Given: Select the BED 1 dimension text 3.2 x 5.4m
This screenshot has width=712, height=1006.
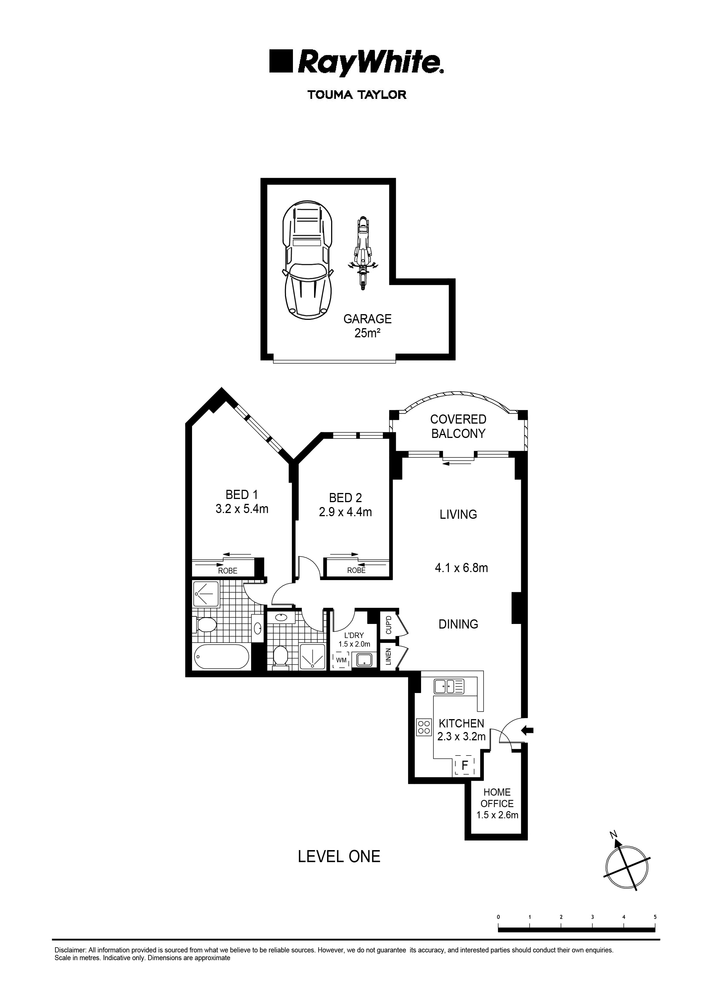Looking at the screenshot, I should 242,509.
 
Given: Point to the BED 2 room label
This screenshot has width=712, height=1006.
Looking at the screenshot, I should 345,498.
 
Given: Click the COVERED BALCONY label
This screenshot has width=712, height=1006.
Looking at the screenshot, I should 458,426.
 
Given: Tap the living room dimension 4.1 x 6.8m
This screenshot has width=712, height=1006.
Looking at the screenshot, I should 461,568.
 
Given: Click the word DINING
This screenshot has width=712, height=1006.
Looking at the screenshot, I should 458,624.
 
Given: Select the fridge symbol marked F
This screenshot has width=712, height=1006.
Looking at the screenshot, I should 465,765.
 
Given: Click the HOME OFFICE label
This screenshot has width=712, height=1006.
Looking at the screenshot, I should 497,798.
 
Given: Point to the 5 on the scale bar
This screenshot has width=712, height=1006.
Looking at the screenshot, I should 655,917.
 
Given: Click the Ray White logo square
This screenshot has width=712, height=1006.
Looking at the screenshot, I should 281,61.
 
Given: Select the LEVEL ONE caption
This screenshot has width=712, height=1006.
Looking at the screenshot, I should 339,856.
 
